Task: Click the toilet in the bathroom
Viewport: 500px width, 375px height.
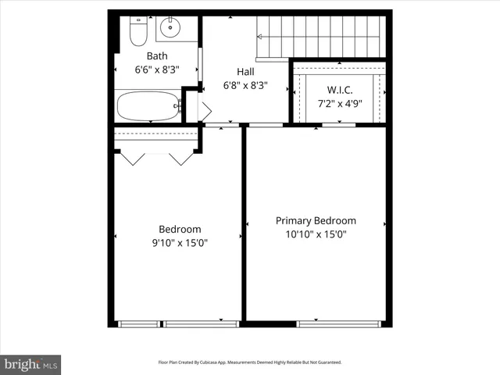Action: (137, 31)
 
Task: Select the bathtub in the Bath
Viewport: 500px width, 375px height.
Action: (148, 106)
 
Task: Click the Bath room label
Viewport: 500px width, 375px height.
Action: (157, 55)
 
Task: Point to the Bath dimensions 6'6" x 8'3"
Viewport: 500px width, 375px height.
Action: (157, 69)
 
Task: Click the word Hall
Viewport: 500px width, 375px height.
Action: (245, 71)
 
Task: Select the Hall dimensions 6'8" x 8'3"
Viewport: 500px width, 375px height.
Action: (245, 85)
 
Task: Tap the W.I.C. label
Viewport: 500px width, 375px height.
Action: (340, 90)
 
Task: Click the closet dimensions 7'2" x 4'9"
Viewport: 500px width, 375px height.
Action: (340, 103)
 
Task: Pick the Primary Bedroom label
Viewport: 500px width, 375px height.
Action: (316, 220)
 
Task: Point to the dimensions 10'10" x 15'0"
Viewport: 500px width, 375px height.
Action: (316, 234)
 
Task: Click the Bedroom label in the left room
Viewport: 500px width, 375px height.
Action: (180, 229)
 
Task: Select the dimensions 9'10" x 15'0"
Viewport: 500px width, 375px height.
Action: (180, 242)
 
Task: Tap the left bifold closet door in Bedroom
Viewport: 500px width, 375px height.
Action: (131, 158)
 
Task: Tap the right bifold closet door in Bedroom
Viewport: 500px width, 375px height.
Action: (181, 158)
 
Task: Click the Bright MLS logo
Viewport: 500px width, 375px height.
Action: (30, 364)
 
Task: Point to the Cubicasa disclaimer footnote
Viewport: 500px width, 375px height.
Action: (250, 362)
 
